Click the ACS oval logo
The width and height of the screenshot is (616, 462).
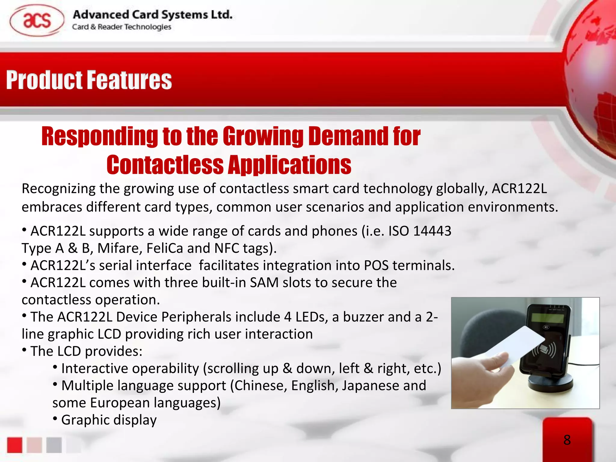[x=37, y=20]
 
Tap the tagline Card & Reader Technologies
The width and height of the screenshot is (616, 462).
[x=122, y=27]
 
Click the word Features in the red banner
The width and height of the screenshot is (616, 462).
[x=130, y=80]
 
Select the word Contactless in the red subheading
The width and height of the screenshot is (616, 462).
[x=165, y=165]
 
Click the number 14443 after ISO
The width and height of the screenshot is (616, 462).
[x=432, y=231]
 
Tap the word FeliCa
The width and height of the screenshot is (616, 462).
[x=165, y=248]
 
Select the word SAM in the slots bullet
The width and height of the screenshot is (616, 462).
[x=264, y=283]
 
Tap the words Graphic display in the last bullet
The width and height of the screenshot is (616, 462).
[x=109, y=420]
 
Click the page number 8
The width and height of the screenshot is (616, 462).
[x=567, y=440]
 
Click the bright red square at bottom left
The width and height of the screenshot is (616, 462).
[x=15, y=445]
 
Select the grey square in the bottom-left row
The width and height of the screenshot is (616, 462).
[x=54, y=445]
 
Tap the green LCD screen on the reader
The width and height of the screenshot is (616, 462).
[x=547, y=318]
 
